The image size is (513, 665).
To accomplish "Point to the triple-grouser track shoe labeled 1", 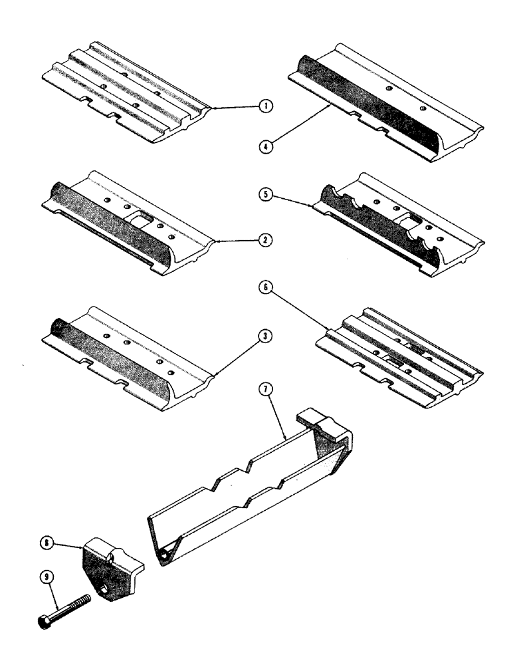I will [x=126, y=93].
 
